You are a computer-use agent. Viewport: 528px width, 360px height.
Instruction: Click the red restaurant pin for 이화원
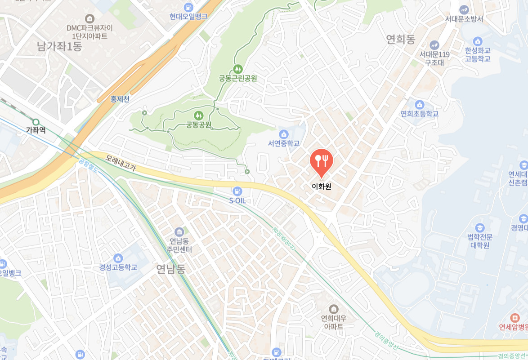click(x=321, y=161)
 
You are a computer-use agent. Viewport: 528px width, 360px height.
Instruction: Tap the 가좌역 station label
click(x=36, y=130)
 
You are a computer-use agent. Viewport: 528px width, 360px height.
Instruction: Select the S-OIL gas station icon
click(x=237, y=191)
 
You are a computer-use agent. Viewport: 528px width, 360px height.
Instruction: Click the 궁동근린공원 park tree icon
click(x=238, y=69)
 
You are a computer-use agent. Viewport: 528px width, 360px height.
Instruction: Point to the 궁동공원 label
click(x=199, y=124)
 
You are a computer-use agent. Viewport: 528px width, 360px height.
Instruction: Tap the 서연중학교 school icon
click(x=284, y=134)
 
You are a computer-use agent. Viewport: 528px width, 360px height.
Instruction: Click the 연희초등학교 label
click(x=419, y=114)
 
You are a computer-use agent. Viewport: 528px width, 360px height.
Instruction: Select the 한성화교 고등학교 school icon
click(x=478, y=41)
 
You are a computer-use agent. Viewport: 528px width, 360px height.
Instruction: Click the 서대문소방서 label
click(x=464, y=19)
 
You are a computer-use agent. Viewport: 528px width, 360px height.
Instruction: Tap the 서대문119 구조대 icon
click(x=434, y=45)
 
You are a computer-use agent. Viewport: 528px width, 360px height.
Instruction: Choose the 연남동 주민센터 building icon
click(x=179, y=232)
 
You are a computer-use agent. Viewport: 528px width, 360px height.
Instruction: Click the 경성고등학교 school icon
click(x=118, y=258)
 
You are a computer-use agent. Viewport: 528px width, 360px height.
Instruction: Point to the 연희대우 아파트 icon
click(x=334, y=309)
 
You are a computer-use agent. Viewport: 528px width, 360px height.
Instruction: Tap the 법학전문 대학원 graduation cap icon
click(x=480, y=227)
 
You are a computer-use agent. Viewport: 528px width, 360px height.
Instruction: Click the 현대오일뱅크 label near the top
click(x=188, y=16)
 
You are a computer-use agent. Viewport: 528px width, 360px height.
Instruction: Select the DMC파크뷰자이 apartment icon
click(x=90, y=18)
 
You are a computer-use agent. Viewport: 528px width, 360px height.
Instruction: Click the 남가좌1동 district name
click(x=59, y=46)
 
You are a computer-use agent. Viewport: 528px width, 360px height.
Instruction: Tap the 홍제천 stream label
click(x=120, y=99)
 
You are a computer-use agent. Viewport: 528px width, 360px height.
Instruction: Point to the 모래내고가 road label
click(x=121, y=163)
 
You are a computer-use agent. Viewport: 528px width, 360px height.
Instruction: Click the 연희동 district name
click(x=400, y=40)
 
